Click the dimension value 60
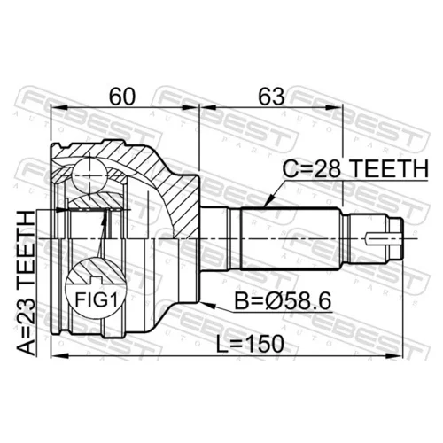click(122, 97)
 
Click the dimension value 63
click(272, 97)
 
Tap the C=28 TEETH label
click(355, 168)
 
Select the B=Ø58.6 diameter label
click(283, 301)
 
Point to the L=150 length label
click(250, 344)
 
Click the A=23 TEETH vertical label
click(26, 283)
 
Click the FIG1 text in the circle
click(97, 299)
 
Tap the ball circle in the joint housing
click(89, 175)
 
